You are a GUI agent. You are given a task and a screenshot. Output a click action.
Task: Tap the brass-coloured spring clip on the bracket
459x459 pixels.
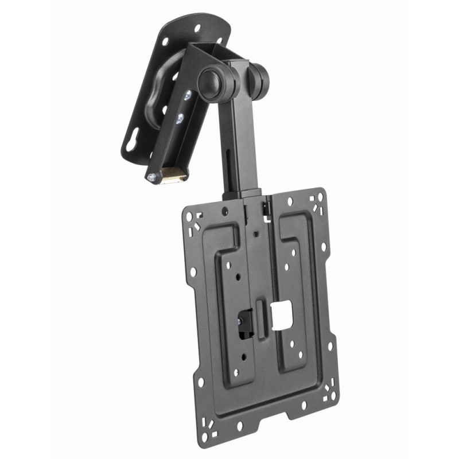(173, 174)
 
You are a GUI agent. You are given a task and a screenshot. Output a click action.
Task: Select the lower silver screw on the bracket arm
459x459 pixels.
(181, 118)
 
